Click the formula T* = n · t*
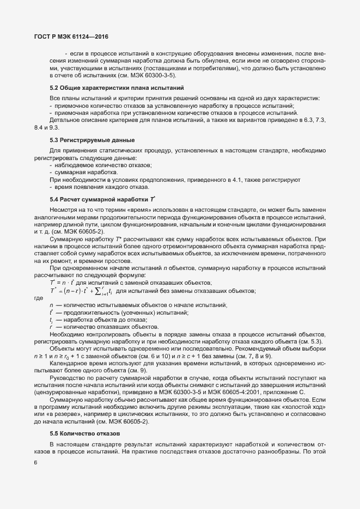[64, 283]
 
